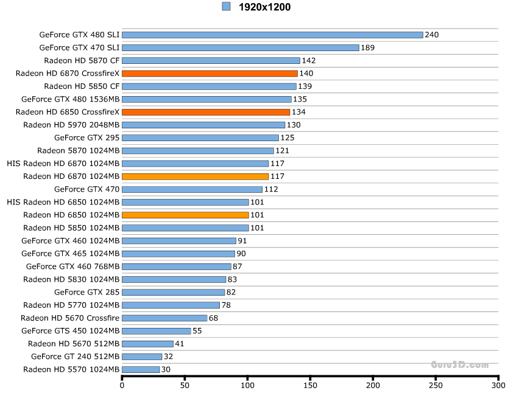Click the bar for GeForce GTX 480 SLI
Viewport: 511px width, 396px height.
[272, 35]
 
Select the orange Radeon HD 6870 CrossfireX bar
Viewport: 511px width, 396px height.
[210, 74]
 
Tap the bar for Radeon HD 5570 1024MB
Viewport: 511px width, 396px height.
[141, 369]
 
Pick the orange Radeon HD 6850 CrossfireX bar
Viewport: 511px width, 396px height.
[206, 112]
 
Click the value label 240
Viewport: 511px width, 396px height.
[432, 35]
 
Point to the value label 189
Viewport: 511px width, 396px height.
[368, 47]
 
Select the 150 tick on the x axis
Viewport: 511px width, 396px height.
[310, 385]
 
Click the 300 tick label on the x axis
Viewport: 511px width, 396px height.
[498, 385]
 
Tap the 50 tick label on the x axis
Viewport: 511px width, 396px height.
[185, 385]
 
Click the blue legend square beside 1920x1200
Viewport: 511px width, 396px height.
[226, 7]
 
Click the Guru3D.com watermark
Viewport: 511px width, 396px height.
[460, 365]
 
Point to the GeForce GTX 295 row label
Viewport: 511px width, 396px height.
[86, 137]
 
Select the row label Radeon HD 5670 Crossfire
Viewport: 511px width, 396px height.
[70, 318]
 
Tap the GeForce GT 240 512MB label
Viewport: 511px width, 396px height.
[75, 356]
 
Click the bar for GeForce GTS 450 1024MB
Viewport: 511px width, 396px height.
[157, 331]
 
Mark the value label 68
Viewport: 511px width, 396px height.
[213, 318]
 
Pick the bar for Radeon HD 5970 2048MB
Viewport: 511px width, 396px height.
[203, 125]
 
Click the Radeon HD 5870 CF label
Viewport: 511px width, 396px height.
[82, 60]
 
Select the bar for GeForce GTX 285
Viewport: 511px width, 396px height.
[173, 292]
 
